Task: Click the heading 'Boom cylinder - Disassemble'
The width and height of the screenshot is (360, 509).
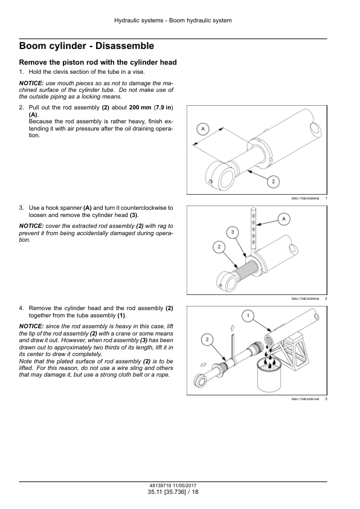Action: click(86, 46)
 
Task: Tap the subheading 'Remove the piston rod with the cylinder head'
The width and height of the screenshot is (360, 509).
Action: click(98, 62)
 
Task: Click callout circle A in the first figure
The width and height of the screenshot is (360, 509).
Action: click(203, 129)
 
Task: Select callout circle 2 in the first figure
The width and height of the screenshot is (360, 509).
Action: click(273, 181)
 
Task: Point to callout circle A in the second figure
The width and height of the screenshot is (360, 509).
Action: click(284, 219)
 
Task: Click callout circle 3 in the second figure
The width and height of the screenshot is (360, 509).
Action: click(232, 232)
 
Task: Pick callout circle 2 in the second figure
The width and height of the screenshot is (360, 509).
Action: click(219, 247)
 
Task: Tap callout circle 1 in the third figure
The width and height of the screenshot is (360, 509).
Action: click(248, 316)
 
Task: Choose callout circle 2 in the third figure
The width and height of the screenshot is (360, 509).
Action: click(207, 340)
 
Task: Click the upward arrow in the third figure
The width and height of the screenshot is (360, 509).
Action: click(232, 328)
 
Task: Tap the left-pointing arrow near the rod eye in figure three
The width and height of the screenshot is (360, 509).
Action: click(204, 364)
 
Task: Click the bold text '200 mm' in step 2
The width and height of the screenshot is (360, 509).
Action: click(140, 108)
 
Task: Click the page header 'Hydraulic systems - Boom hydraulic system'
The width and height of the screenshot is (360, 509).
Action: click(173, 21)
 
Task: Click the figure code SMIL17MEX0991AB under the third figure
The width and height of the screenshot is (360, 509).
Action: click(305, 399)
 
